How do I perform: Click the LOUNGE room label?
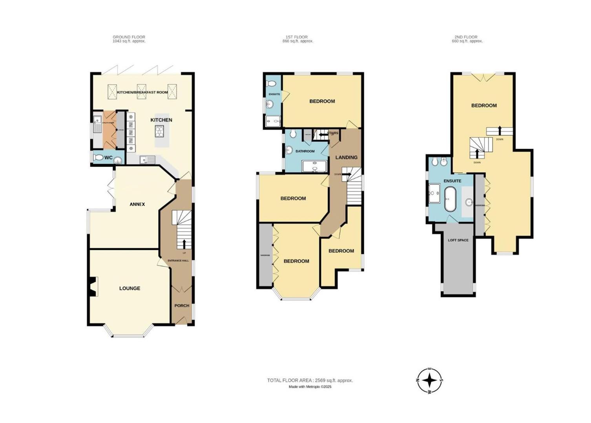pos(130,288)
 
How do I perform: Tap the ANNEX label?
pos(137,204)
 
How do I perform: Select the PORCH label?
pos(182,305)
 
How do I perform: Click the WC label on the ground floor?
pos(108,158)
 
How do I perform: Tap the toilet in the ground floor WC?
pos(99,158)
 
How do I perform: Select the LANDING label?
pos(346,157)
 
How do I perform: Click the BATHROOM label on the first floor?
pos(305,151)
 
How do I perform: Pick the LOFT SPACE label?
pos(458,240)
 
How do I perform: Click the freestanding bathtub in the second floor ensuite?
pos(450,199)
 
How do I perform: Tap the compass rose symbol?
pos(430,380)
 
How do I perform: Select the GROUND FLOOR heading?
pos(129,37)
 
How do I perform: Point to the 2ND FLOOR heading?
pos(467,37)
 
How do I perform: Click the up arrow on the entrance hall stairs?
pos(184,244)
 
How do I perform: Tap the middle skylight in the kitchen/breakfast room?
pos(141,92)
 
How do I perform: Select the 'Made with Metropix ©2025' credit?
pos(310,387)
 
